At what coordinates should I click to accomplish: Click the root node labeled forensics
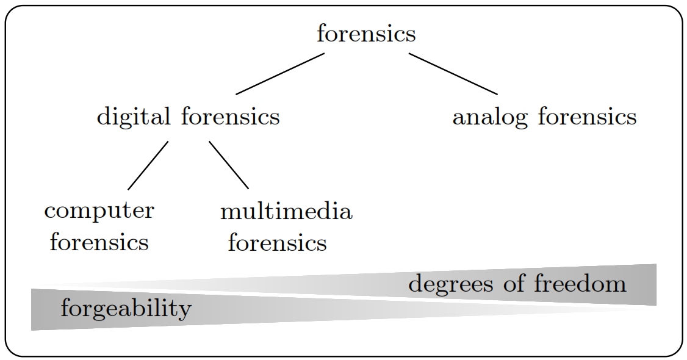click(x=366, y=34)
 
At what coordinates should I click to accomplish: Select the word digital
click(x=134, y=116)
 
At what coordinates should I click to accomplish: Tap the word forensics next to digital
click(x=230, y=116)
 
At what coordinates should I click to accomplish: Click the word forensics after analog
click(x=586, y=117)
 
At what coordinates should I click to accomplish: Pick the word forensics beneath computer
click(x=99, y=242)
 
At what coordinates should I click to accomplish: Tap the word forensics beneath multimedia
click(x=277, y=243)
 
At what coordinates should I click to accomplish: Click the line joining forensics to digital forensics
click(x=280, y=74)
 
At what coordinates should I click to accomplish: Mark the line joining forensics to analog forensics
click(x=453, y=74)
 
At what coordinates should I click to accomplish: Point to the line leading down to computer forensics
click(x=148, y=165)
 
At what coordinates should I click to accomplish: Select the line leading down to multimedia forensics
click(x=229, y=165)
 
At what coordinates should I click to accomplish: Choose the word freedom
click(x=580, y=284)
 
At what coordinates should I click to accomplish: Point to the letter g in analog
click(x=522, y=119)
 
